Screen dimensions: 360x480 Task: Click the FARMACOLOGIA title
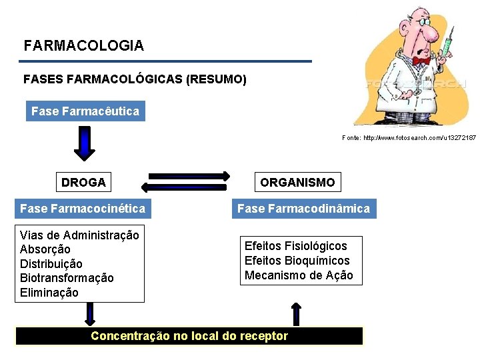click(83, 46)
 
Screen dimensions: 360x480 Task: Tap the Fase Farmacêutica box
click(85, 111)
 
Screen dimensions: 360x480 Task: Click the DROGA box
click(83, 182)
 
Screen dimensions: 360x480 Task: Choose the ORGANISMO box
click(297, 182)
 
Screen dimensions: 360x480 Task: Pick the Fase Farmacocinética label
click(83, 209)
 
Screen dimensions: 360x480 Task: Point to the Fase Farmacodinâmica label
click(303, 209)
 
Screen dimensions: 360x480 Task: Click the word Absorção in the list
click(45, 249)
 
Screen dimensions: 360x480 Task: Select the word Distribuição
click(51, 264)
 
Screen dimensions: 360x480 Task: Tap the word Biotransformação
click(67, 278)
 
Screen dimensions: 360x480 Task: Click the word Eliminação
click(49, 293)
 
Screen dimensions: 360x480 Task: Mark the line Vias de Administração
click(79, 235)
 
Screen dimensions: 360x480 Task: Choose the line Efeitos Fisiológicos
click(296, 246)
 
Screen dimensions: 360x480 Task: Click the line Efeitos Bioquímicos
click(297, 261)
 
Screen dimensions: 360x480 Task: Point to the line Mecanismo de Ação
click(299, 275)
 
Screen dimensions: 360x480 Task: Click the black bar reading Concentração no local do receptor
click(189, 336)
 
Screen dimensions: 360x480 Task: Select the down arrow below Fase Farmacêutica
click(84, 143)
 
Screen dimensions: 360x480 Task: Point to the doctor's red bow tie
click(421, 61)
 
